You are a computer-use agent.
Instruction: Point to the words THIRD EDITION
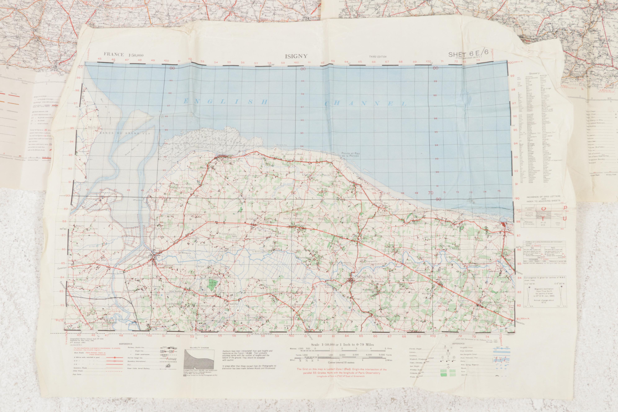[376, 56]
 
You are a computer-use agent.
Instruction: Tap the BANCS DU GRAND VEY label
[124, 133]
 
